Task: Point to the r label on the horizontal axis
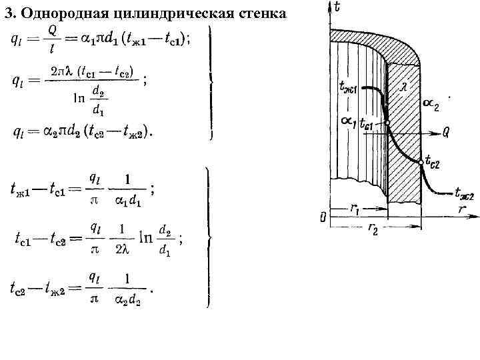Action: [461, 209]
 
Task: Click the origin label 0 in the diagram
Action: [323, 217]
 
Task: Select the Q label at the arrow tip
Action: [446, 133]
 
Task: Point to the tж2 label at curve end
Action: [464, 195]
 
